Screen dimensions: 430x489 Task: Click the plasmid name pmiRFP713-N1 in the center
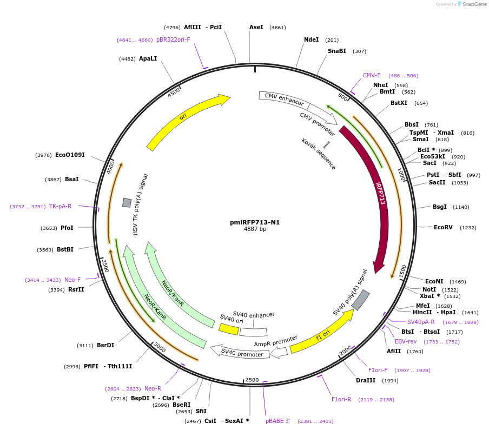click(x=255, y=222)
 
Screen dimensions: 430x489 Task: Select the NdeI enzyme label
click(x=312, y=39)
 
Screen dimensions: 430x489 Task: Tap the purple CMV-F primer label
click(x=372, y=75)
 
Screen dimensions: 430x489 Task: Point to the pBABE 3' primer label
click(x=277, y=421)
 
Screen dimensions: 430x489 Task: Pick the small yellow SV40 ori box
click(x=228, y=328)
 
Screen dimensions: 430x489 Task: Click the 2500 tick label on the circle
click(x=252, y=380)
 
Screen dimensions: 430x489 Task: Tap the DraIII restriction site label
click(x=366, y=381)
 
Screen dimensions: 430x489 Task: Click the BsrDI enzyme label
click(x=105, y=345)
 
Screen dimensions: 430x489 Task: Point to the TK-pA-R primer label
click(x=60, y=206)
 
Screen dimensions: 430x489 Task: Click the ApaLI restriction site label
click(x=148, y=58)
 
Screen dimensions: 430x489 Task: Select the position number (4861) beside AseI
click(x=277, y=28)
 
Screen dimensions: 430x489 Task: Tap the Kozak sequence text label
click(x=319, y=154)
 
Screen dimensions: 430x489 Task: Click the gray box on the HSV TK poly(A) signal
click(x=127, y=202)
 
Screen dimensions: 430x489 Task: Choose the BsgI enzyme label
click(x=440, y=207)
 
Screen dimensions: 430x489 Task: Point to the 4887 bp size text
click(x=255, y=229)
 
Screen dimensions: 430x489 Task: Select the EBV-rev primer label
click(x=406, y=341)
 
